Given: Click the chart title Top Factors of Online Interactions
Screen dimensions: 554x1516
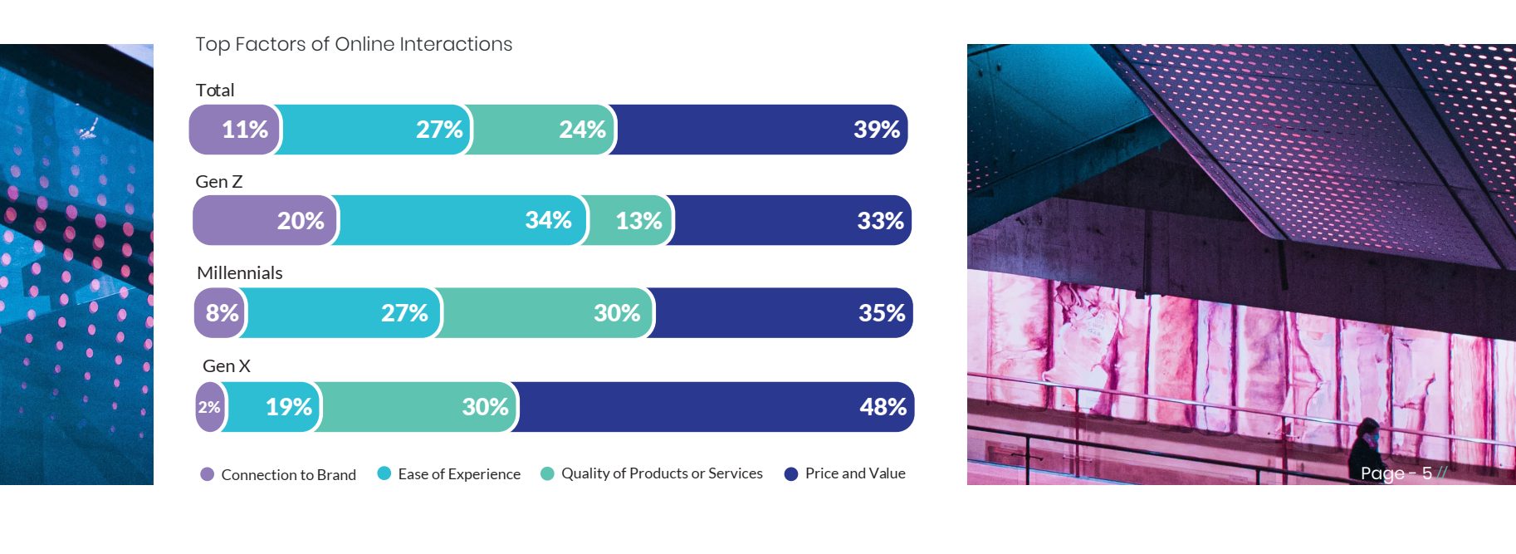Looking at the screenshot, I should click(x=354, y=44).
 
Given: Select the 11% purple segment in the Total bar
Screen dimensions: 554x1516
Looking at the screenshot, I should click(x=235, y=130).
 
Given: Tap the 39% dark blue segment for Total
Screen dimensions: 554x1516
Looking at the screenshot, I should click(x=761, y=130).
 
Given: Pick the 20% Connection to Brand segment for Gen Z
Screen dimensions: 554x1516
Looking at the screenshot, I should click(x=265, y=221).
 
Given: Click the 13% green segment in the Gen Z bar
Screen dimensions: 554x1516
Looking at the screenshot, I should click(x=628, y=221).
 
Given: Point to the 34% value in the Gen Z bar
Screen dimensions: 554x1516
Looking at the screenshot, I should click(x=548, y=220).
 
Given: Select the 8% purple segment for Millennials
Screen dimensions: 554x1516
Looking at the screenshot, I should click(x=220, y=313).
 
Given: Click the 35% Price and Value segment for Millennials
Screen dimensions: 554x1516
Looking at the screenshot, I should click(x=783, y=313).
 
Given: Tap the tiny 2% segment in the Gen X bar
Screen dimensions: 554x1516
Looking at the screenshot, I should click(x=209, y=407).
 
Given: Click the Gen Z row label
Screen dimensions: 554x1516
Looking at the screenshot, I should click(x=219, y=182).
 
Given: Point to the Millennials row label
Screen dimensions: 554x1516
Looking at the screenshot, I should click(x=240, y=273).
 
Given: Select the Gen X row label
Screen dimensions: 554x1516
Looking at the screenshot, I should click(x=227, y=366).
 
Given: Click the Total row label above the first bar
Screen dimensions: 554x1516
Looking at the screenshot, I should click(x=215, y=91).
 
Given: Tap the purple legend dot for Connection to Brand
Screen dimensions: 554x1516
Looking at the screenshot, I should click(x=208, y=474).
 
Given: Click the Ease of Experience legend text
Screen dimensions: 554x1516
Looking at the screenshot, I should click(x=459, y=474).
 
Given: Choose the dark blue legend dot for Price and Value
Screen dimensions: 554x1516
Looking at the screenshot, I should click(x=791, y=473).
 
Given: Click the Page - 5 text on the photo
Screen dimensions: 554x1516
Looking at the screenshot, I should click(x=1396, y=473).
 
